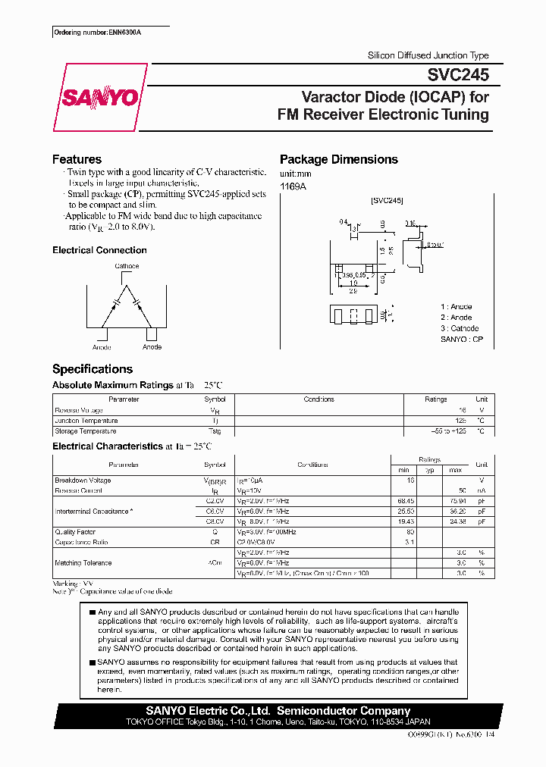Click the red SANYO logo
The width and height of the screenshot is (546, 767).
(100, 97)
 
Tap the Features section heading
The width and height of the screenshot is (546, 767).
(77, 159)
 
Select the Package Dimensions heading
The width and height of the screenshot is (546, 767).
(338, 159)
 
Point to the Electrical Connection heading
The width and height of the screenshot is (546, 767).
(99, 250)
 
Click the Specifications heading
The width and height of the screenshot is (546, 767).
(92, 369)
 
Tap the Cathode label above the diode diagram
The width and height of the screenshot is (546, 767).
(127, 267)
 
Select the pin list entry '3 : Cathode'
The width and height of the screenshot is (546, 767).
(460, 328)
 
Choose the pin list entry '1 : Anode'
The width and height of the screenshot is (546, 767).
(457, 306)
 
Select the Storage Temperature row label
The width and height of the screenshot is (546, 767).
(86, 431)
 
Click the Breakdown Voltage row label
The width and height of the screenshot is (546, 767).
(83, 481)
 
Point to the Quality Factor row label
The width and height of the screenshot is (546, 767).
(75, 532)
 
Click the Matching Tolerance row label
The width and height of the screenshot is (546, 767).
(83, 563)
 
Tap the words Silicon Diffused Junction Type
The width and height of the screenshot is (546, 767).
(428, 55)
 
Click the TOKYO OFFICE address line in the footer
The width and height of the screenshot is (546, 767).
(278, 722)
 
